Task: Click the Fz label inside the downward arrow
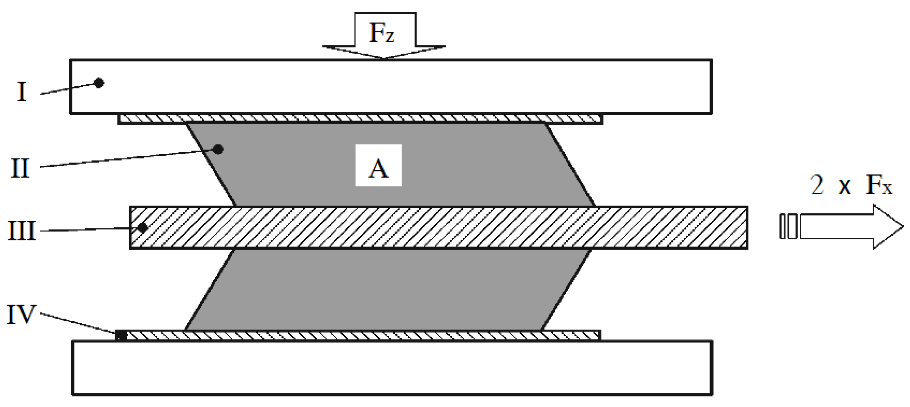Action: [382, 33]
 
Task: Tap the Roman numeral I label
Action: [22, 92]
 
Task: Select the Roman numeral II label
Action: [20, 168]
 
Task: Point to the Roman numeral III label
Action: [22, 231]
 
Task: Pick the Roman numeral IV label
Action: [21, 314]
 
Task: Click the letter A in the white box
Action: [378, 168]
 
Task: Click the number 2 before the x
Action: [817, 185]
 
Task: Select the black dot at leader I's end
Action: [99, 83]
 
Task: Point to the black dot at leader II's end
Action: [218, 149]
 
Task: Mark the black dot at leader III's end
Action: [143, 228]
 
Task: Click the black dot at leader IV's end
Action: [121, 336]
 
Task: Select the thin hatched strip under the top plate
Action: [360, 119]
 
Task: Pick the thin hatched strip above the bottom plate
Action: [360, 335]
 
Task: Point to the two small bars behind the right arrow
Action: [788, 226]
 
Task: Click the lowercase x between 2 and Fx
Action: [844, 187]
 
